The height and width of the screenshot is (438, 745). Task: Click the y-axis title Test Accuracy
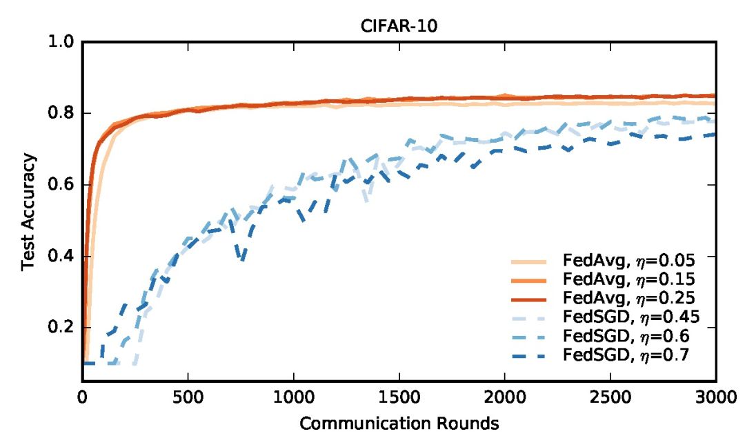click(x=28, y=212)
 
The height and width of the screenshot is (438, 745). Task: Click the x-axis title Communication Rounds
click(x=398, y=422)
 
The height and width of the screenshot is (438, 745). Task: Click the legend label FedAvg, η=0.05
click(x=627, y=261)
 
